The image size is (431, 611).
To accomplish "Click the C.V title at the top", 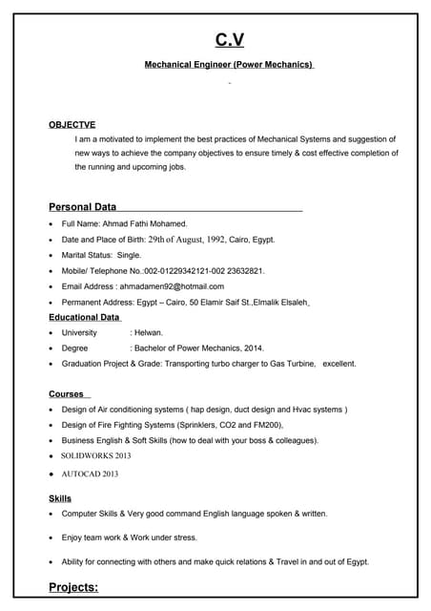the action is tap(229, 39).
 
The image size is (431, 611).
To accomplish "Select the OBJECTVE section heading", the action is tap(72, 124).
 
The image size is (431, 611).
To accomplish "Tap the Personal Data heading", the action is tap(82, 206).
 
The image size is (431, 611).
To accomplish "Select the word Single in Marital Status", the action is tap(129, 255).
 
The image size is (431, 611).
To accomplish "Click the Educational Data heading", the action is tap(84, 317).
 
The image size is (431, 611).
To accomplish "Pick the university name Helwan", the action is tap(149, 332).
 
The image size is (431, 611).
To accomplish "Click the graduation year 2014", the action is tap(254, 348).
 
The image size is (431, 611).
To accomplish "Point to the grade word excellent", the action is tap(339, 364).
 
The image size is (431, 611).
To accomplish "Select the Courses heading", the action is tap(66, 393).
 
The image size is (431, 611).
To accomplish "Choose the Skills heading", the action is tap(60, 498).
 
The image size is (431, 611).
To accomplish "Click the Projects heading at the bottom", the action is tap(73, 587).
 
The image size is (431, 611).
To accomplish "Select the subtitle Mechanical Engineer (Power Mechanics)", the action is tap(229, 65).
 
